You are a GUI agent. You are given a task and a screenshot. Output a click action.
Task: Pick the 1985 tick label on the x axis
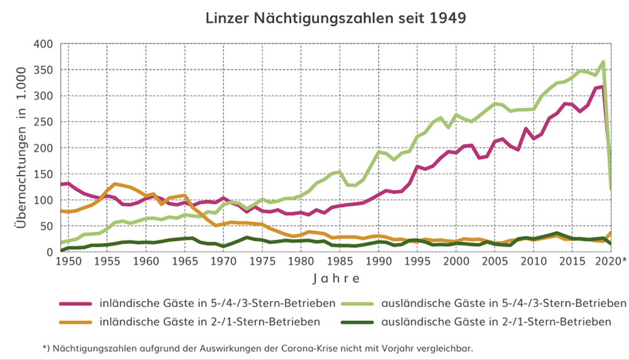340,261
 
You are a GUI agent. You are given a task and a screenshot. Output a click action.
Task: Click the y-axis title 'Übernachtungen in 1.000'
21,148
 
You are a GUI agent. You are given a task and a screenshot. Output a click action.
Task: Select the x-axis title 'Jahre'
339,278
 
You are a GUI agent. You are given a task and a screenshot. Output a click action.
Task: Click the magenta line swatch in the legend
75,304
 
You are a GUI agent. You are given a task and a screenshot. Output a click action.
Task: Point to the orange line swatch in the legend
75,322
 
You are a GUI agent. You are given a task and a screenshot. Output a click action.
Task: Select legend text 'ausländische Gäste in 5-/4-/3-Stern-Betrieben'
495,304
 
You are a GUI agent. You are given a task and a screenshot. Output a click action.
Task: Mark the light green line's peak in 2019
603,62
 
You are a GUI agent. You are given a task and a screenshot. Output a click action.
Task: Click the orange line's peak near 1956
114,184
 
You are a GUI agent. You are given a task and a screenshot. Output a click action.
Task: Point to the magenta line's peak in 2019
602,87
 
